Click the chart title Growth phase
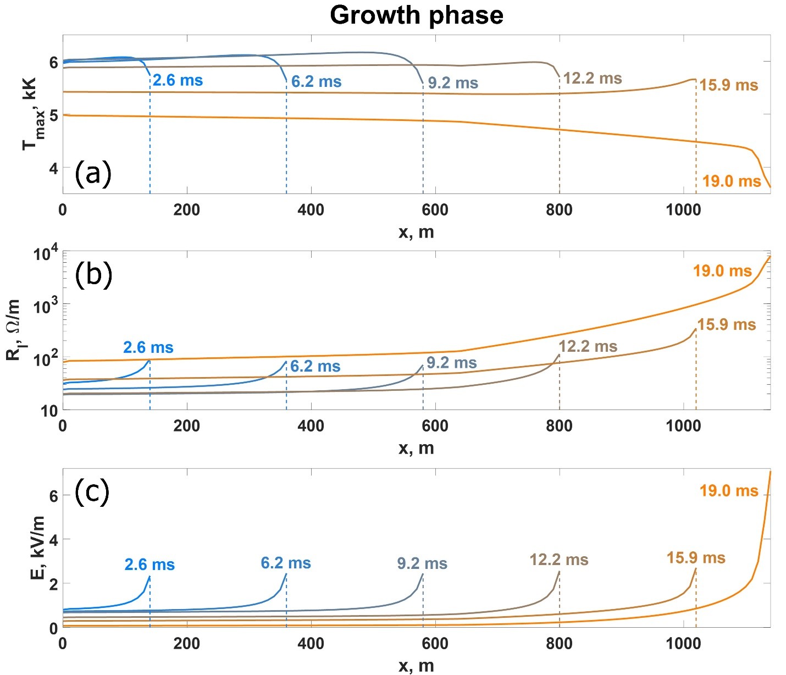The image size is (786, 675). (416, 15)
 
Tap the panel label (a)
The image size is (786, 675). (93, 174)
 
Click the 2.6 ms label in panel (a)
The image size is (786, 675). (178, 80)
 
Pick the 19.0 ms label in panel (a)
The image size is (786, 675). (732, 181)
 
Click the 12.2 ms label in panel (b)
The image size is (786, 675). (588, 346)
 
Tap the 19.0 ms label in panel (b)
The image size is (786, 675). (722, 271)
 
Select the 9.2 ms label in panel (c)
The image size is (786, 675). (422, 563)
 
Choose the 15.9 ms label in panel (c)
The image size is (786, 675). (696, 558)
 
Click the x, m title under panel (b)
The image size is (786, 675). (416, 448)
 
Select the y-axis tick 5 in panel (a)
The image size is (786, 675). (53, 115)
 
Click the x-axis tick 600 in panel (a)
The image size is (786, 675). (435, 209)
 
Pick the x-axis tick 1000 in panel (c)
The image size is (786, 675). (683, 643)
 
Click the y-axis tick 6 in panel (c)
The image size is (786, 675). (53, 496)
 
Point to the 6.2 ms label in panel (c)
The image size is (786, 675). (286, 563)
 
